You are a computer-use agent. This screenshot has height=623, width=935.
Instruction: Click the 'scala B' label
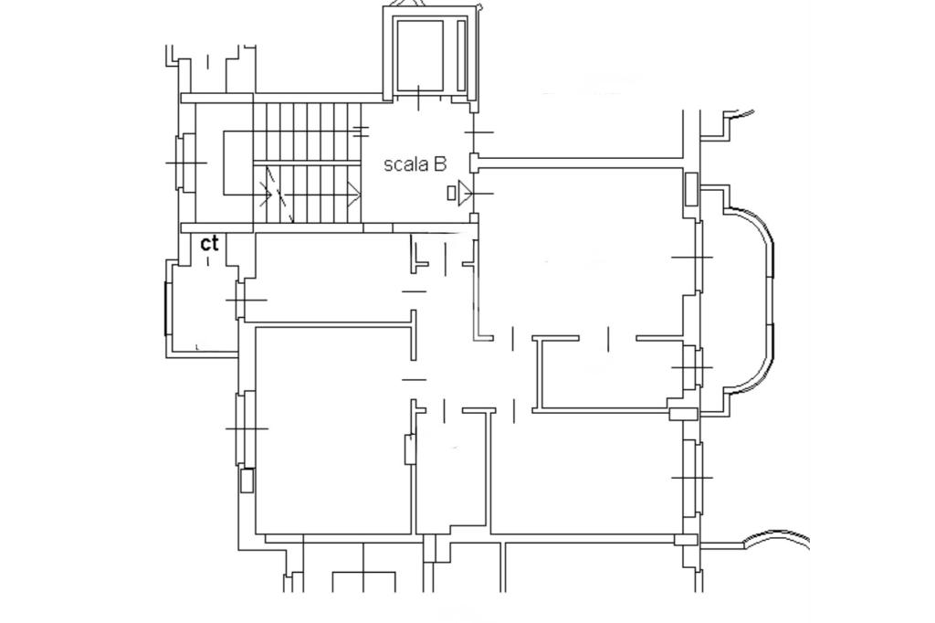pyautogui.click(x=415, y=164)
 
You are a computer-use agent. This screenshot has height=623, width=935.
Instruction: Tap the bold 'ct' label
pyautogui.click(x=209, y=243)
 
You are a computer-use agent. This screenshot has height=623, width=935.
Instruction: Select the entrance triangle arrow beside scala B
pyautogui.click(x=465, y=193)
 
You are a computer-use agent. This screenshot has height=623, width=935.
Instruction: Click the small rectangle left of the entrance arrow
pyautogui.click(x=451, y=193)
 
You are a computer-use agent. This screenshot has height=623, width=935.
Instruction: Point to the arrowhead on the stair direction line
pyautogui.click(x=354, y=194)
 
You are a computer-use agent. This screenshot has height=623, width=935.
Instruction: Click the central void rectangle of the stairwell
pyautogui.click(x=238, y=163)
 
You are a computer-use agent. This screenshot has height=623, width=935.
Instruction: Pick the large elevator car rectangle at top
pyautogui.click(x=420, y=56)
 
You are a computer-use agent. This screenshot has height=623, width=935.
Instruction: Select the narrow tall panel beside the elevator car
pyautogui.click(x=461, y=56)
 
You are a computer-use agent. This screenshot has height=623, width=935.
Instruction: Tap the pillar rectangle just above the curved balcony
pyautogui.click(x=690, y=189)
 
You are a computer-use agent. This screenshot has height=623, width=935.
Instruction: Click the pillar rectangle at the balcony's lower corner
pyautogui.click(x=683, y=414)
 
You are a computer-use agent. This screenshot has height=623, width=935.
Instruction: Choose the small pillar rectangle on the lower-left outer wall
pyautogui.click(x=247, y=481)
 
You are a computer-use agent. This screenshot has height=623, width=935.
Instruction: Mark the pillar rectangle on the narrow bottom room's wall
pyautogui.click(x=410, y=449)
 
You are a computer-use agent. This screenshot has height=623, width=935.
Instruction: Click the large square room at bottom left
pyautogui.click(x=333, y=429)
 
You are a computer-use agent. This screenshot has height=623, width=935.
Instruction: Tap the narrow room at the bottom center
pyautogui.click(x=451, y=471)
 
